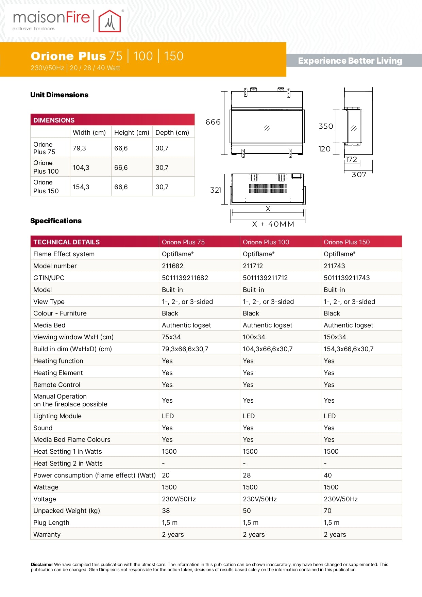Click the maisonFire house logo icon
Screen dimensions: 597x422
(109, 21)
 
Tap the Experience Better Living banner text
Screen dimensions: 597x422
(350, 61)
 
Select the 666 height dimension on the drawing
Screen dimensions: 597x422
(213, 122)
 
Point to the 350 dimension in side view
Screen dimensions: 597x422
(325, 126)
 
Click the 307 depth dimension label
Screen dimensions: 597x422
(359, 175)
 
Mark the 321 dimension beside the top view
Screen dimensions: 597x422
(216, 190)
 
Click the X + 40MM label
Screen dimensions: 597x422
(273, 224)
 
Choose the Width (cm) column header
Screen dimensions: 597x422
(89, 132)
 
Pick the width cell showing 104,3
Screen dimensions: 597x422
(81, 167)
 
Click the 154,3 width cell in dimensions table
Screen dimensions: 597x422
(81, 187)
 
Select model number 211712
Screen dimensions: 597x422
(253, 266)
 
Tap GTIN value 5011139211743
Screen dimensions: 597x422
(347, 278)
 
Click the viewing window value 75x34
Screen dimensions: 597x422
(171, 337)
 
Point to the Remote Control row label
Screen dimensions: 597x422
(57, 385)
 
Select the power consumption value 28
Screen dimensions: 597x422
(247, 475)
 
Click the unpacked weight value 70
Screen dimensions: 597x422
(327, 511)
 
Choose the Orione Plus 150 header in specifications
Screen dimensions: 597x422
(347, 242)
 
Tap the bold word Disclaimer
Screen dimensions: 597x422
(42, 564)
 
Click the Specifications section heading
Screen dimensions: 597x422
(56, 221)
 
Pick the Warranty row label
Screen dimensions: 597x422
(47, 534)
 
